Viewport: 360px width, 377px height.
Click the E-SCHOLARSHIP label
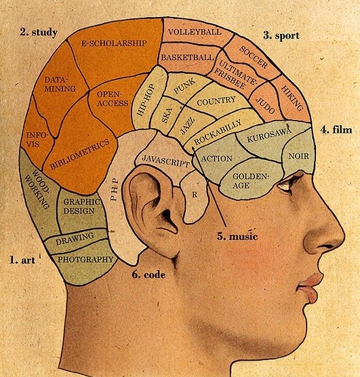point(114,43)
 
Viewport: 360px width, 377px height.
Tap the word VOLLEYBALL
point(195,32)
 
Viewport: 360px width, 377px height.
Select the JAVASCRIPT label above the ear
point(165,161)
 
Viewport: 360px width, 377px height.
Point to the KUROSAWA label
point(269,134)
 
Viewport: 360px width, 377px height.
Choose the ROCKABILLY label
point(218,132)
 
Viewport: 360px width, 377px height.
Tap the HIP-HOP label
point(145,100)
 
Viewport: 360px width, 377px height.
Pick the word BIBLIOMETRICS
point(79,155)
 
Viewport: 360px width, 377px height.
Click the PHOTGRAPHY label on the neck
point(85,259)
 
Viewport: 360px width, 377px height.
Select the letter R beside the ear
point(195,195)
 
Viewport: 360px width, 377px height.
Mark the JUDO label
point(265,105)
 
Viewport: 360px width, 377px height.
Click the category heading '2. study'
point(39,33)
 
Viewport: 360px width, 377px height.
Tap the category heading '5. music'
point(237,236)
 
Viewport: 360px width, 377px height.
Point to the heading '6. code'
point(148,275)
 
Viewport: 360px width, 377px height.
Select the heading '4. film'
point(336,130)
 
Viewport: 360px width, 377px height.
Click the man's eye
point(285,185)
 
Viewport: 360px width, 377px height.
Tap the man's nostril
point(327,247)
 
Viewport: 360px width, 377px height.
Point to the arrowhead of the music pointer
point(193,147)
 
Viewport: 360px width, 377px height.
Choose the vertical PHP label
point(115,189)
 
